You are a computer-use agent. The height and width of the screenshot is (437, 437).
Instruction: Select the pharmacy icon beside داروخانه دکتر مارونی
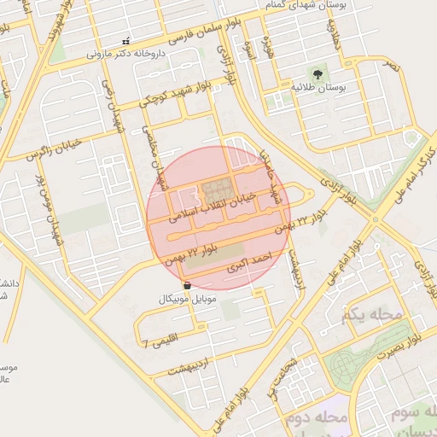[x=126, y=41]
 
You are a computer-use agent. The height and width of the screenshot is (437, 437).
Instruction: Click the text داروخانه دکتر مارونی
[x=127, y=53]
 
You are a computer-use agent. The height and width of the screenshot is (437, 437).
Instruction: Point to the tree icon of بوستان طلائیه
[x=318, y=75]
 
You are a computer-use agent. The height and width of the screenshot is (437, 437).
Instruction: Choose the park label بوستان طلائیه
[x=318, y=88]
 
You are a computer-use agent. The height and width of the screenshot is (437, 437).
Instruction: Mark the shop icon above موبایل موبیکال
[x=188, y=285]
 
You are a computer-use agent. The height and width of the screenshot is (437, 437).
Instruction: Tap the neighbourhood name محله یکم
[x=370, y=316]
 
